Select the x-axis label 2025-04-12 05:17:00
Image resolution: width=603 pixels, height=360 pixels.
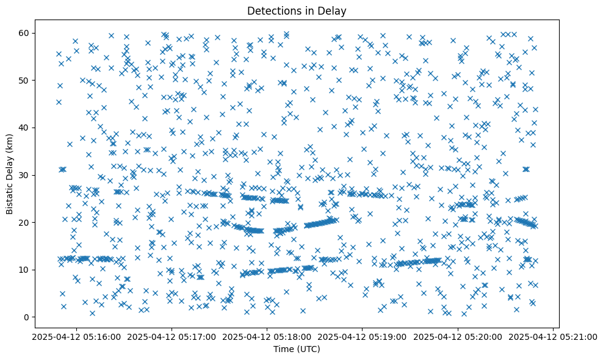pyautogui.click(x=171, y=336)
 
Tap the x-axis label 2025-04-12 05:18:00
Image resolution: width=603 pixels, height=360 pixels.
pyautogui.click(x=267, y=336)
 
